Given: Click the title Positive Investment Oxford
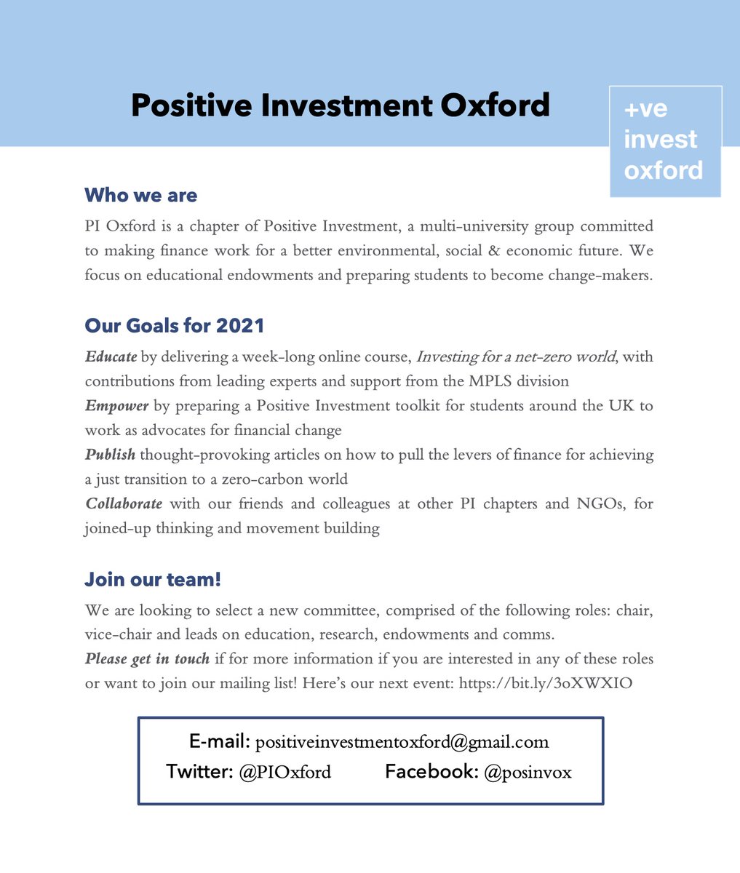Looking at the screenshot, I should pos(340,105).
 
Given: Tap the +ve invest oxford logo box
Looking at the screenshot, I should pos(665,141).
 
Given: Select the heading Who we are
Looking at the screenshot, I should pos(140,195).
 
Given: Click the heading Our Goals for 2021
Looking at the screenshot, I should pos(175,325).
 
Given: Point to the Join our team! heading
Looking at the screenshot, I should pos(153,580).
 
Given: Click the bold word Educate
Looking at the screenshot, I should pos(111,356).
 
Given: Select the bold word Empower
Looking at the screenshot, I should pos(116,405).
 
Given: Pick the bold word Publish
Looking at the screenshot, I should pos(110,455).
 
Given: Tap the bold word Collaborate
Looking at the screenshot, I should pos(124,503).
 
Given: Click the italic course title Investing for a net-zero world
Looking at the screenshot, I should pos(514,356).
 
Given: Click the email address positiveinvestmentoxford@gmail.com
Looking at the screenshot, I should pos(402,742).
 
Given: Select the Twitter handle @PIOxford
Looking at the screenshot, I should pos(285,772).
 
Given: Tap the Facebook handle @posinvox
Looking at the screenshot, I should pos(527,772).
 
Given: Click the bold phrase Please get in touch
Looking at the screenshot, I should pos(147,658).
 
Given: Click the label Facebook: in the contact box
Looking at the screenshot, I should pos(431,771).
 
